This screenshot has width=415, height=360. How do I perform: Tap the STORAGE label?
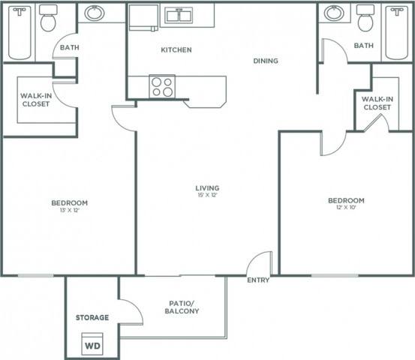(92, 317)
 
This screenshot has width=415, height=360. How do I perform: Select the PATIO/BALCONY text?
(183, 307)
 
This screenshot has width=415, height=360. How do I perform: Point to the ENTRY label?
(257, 280)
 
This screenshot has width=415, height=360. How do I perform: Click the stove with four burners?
(162, 86)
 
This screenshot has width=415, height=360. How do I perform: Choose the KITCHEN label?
(176, 50)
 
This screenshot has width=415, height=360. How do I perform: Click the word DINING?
(266, 61)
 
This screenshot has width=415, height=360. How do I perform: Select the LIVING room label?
(208, 187)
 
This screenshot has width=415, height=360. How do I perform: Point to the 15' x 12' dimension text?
(208, 196)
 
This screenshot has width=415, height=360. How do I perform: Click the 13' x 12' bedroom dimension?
(70, 211)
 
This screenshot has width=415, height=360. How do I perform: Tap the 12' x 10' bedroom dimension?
(346, 209)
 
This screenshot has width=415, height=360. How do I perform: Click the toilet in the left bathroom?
(49, 19)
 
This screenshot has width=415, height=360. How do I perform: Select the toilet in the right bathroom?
(365, 19)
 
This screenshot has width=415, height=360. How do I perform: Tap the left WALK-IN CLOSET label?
(35, 100)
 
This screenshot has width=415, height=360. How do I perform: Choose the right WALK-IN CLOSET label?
(377, 103)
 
